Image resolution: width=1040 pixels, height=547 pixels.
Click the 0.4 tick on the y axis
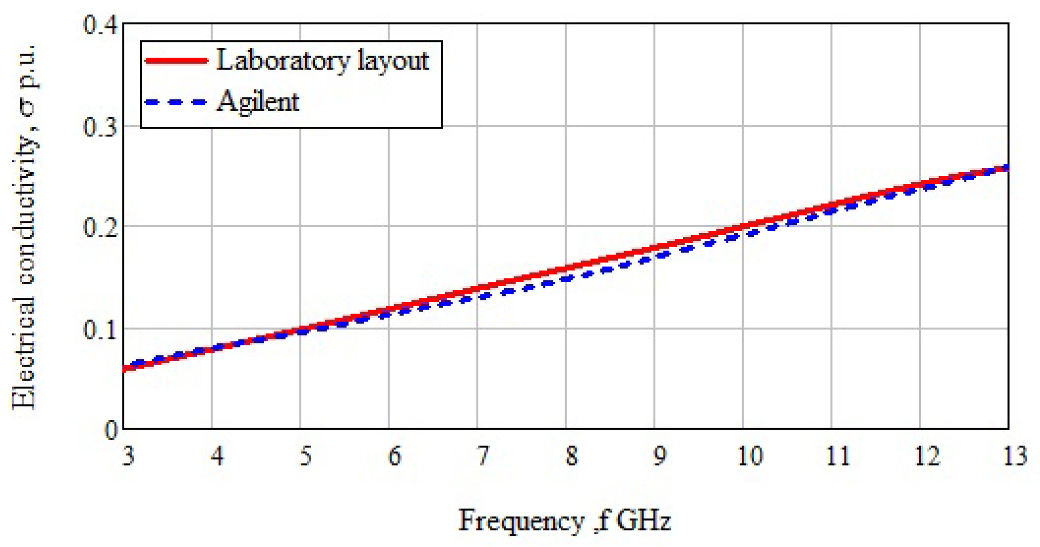tap(100, 25)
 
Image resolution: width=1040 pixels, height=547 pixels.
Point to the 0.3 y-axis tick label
tap(100, 127)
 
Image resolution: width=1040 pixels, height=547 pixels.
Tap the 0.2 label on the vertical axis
tap(100, 228)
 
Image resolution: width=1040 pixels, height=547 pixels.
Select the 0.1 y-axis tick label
tap(100, 330)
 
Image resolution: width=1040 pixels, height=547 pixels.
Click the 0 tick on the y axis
tap(112, 430)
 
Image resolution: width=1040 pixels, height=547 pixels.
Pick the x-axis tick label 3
tap(128, 456)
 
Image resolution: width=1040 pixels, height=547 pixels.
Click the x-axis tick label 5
tap(305, 456)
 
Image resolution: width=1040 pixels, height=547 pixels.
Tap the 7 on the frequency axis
tap(482, 456)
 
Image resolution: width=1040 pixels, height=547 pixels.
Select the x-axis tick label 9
tap(659, 456)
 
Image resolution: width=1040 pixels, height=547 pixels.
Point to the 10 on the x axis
tap(749, 456)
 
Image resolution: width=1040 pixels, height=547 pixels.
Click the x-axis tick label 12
tap(926, 456)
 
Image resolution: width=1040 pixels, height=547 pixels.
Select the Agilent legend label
tap(258, 102)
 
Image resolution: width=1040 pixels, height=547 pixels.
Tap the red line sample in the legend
tap(177, 60)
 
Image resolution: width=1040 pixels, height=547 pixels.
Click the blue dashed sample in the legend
tap(177, 102)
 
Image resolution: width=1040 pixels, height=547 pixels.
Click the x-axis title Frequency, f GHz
tap(564, 520)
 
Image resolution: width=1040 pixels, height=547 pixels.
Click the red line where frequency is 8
tap(566, 268)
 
